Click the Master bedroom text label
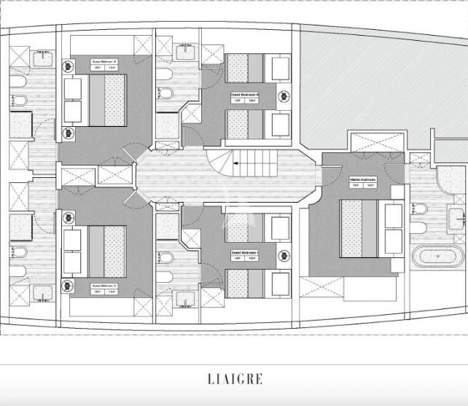[362, 180]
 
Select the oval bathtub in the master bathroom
[437, 257]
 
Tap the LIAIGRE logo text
[234, 379]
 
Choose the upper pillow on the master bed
[393, 216]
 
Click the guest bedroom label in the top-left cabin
[104, 62]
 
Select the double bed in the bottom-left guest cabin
[95, 251]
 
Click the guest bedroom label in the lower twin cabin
[246, 254]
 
